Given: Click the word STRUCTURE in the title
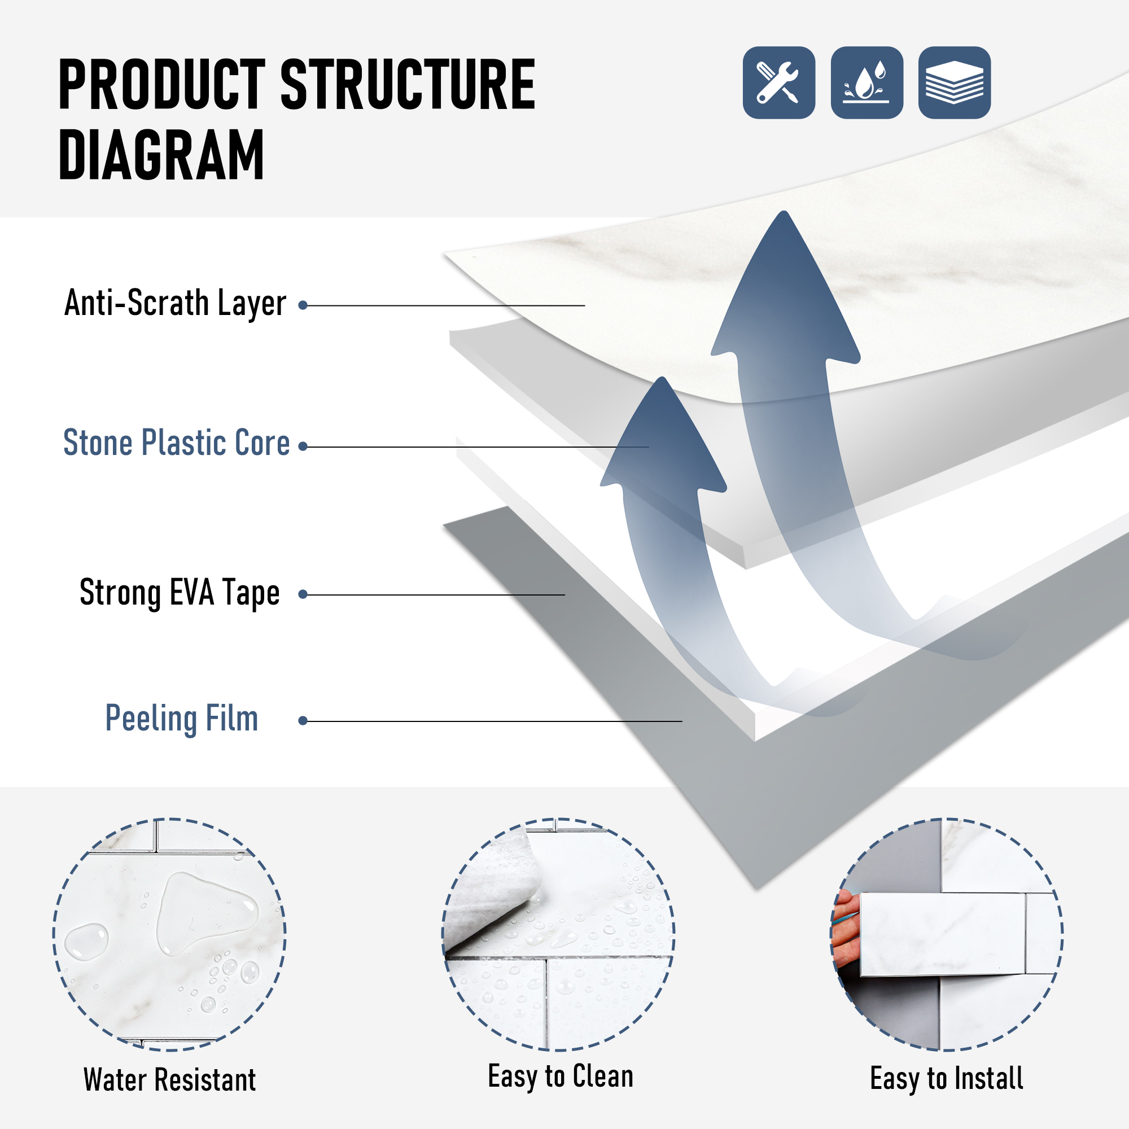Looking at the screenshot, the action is pyautogui.click(x=408, y=85).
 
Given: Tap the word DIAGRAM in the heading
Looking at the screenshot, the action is pyautogui.click(x=162, y=155).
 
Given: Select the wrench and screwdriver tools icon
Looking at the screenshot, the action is pyautogui.click(x=779, y=82).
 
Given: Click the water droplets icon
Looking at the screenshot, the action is pyautogui.click(x=867, y=82).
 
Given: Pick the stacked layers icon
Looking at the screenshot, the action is pyautogui.click(x=954, y=82).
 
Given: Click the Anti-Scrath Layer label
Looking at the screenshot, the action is pyautogui.click(x=176, y=303).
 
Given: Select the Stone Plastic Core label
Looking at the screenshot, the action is pyautogui.click(x=177, y=443).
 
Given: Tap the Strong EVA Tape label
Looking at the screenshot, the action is pyautogui.click(x=180, y=593).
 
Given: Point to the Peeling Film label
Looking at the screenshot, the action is pyautogui.click(x=182, y=719).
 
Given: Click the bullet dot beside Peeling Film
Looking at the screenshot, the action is pyautogui.click(x=303, y=721).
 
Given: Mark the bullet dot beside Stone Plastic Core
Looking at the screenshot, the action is pyautogui.click(x=303, y=447).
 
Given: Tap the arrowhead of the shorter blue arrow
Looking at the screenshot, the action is pyautogui.click(x=663, y=432).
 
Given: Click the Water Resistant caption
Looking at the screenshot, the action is pyautogui.click(x=169, y=1079).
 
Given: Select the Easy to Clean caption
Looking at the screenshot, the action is pyautogui.click(x=561, y=1077).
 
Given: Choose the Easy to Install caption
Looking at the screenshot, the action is pyautogui.click(x=947, y=1079).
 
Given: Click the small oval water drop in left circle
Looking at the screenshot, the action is pyautogui.click(x=86, y=942).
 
